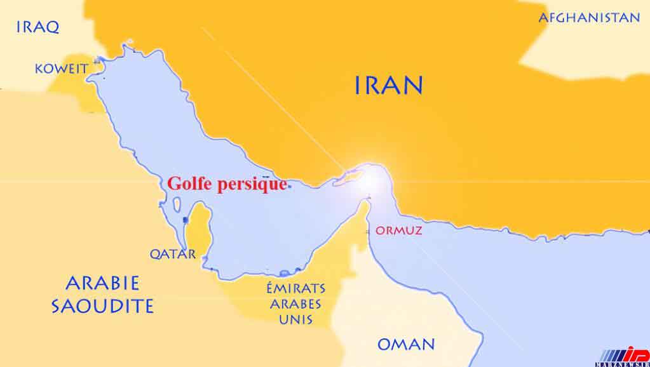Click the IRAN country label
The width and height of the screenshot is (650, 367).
[388, 84]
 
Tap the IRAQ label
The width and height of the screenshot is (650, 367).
[38, 27]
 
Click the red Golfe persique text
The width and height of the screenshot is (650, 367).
[227, 183]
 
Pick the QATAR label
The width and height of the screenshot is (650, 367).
[172, 254]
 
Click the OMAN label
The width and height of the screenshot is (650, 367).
[406, 345]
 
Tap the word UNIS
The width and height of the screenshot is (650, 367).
[296, 319]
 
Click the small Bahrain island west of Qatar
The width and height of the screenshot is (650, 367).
[185, 220]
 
